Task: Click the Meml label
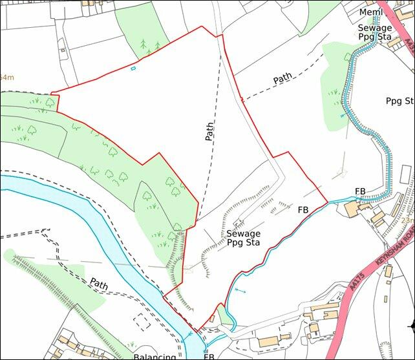pyautogui.click(x=371, y=13)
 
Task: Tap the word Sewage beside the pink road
pyautogui.click(x=375, y=28)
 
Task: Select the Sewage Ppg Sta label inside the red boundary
pyautogui.click(x=244, y=238)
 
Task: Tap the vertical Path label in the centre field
pyautogui.click(x=209, y=131)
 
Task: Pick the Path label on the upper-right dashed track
pyautogui.click(x=282, y=79)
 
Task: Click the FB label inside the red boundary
pyautogui.click(x=303, y=210)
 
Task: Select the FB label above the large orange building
pyautogui.click(x=360, y=191)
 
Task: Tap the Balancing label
pyautogui.click(x=154, y=356)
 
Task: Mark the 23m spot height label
pyautogui.click(x=407, y=220)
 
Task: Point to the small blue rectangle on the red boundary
pyautogui.click(x=133, y=68)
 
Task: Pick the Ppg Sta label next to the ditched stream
pyautogui.click(x=399, y=101)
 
